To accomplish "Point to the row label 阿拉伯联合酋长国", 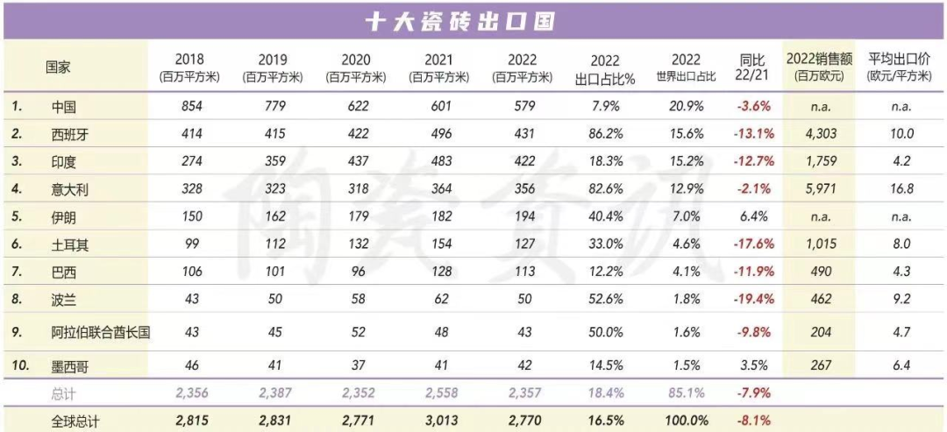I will (101, 333).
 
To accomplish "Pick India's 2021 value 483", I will (439, 162).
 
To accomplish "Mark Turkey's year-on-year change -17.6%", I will (751, 245).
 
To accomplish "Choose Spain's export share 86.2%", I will (604, 135).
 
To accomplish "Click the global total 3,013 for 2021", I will (439, 421).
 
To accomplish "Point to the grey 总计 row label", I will (64, 395).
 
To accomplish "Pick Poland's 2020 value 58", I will (356, 299).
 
